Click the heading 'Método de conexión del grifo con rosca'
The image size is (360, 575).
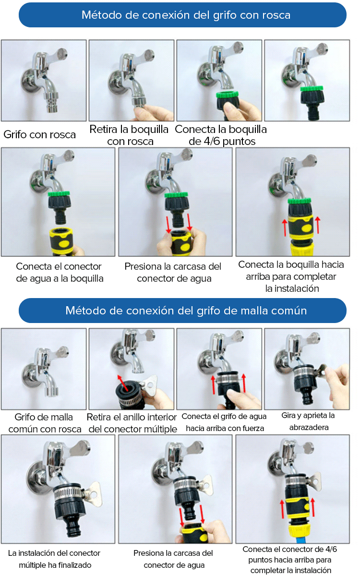(186, 15)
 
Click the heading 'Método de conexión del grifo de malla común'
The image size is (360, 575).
(186, 311)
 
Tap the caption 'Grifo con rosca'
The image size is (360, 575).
(39, 134)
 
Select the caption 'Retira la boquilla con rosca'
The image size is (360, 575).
(129, 135)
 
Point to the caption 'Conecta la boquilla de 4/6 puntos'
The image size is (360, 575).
(221, 135)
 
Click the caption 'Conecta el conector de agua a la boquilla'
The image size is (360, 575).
(60, 273)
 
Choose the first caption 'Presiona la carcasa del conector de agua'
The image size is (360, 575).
(173, 273)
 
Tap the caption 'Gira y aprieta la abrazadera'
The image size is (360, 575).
(308, 421)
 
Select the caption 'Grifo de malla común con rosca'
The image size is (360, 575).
(44, 423)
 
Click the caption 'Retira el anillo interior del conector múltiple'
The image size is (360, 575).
(132, 423)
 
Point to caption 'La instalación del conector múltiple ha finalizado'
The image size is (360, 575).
(54, 559)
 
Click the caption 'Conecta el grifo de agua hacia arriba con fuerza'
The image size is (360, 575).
(224, 422)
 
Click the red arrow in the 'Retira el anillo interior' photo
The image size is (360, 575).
(123, 383)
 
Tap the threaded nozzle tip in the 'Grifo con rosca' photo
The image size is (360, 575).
(49, 103)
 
